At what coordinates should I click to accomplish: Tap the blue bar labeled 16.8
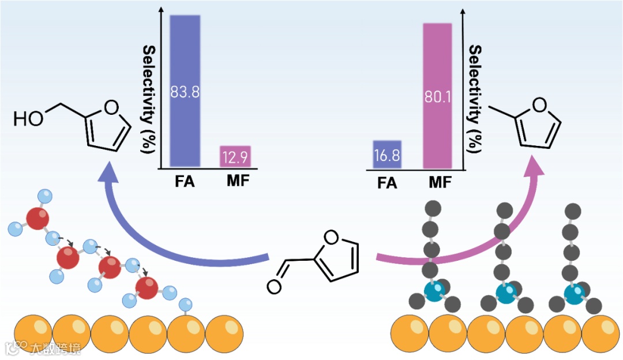[x=387, y=155]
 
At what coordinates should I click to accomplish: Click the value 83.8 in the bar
[x=185, y=92]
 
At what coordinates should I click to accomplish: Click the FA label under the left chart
[x=185, y=183]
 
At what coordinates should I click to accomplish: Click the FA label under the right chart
[x=387, y=184]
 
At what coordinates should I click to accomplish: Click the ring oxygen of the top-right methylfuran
[x=539, y=104]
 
